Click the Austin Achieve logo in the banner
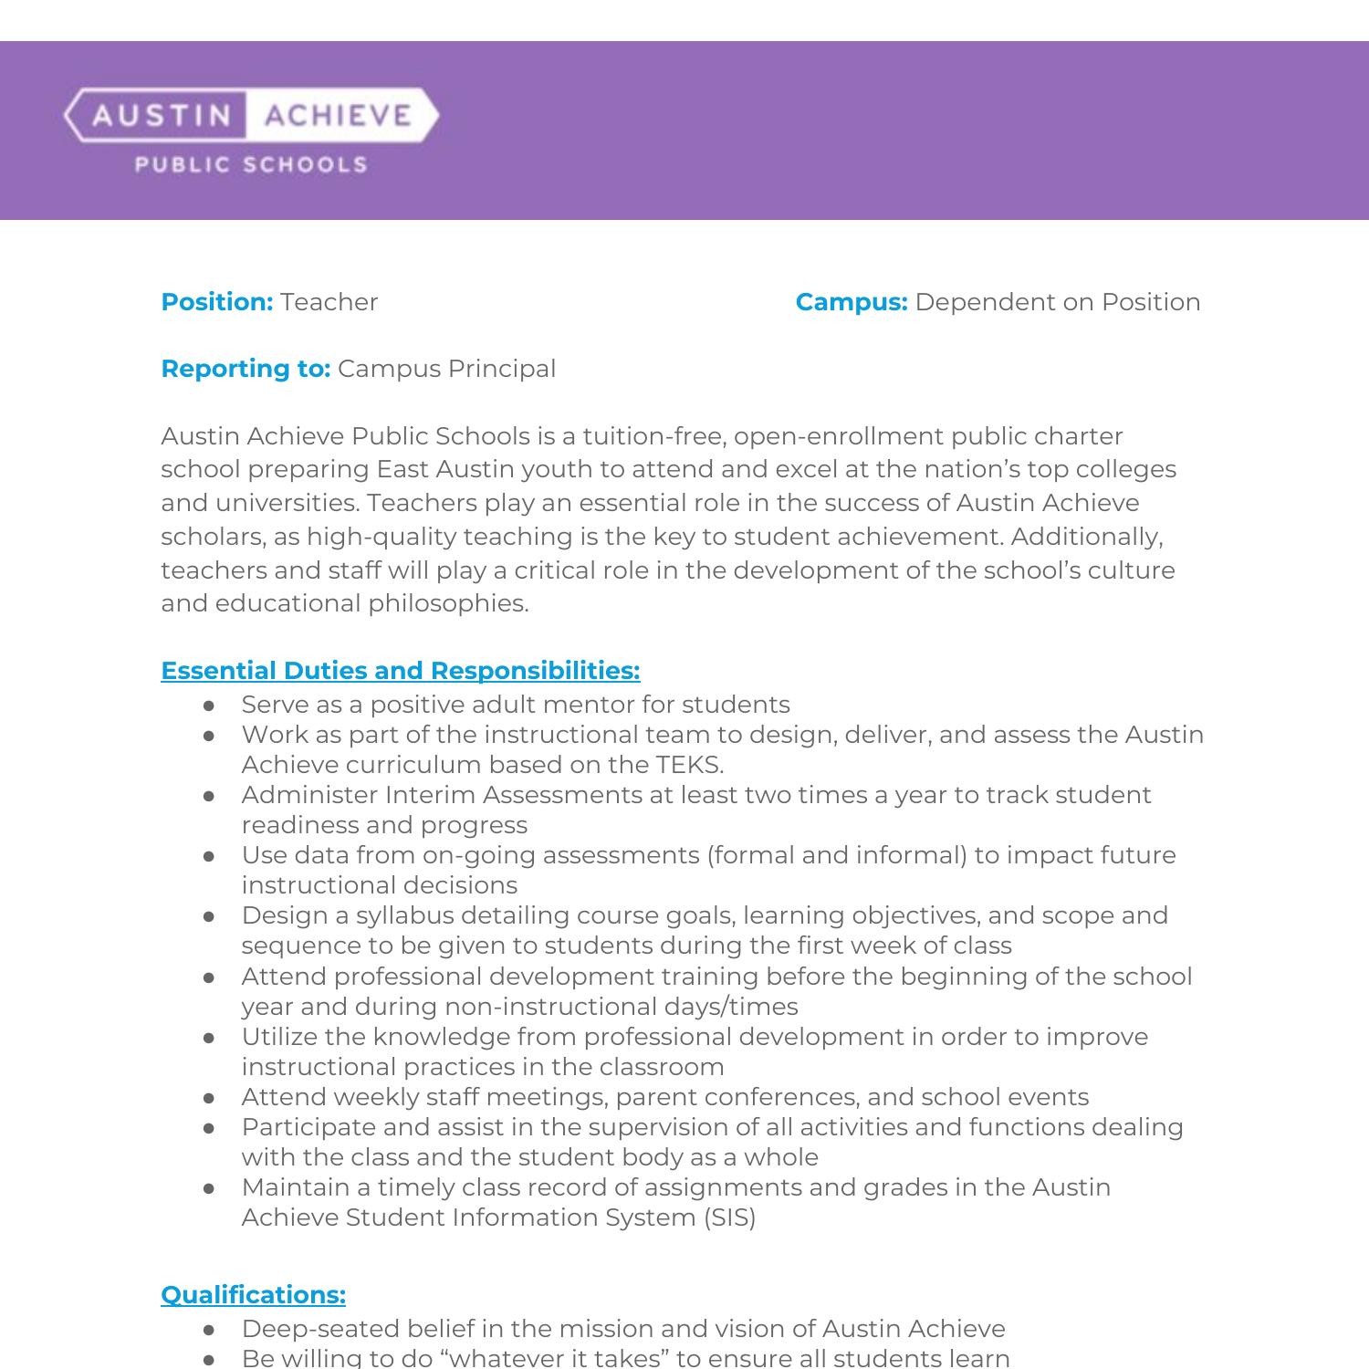coord(251,115)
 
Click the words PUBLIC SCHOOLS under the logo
coord(251,165)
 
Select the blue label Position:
coord(217,302)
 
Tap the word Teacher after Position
coord(329,302)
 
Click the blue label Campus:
coord(851,302)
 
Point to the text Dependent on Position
coord(1057,302)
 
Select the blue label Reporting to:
coord(246,369)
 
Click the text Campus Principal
coord(446,369)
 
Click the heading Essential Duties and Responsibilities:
coord(400,671)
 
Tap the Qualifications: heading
coord(253,1295)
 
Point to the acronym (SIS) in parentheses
coord(729,1217)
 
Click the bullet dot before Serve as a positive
coord(210,705)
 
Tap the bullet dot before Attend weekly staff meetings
coord(210,1098)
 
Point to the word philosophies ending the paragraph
coord(447,603)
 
